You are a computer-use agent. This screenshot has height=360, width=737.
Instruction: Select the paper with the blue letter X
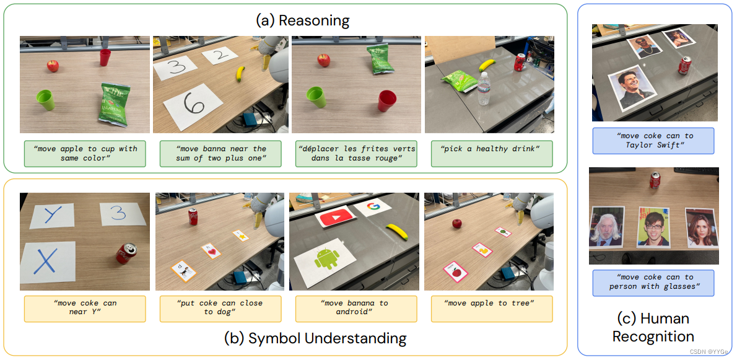[x=48, y=265]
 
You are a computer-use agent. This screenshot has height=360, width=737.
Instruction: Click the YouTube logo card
[x=335, y=217]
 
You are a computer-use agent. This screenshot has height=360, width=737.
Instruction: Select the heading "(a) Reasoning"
[x=303, y=20]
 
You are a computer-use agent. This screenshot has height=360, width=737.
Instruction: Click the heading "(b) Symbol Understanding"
[x=315, y=338]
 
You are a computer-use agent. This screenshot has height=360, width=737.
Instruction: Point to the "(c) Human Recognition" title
[x=653, y=327]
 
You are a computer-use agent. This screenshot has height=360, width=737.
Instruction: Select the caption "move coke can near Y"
[x=85, y=307]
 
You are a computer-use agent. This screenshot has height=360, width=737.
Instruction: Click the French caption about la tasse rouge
[x=356, y=153]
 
